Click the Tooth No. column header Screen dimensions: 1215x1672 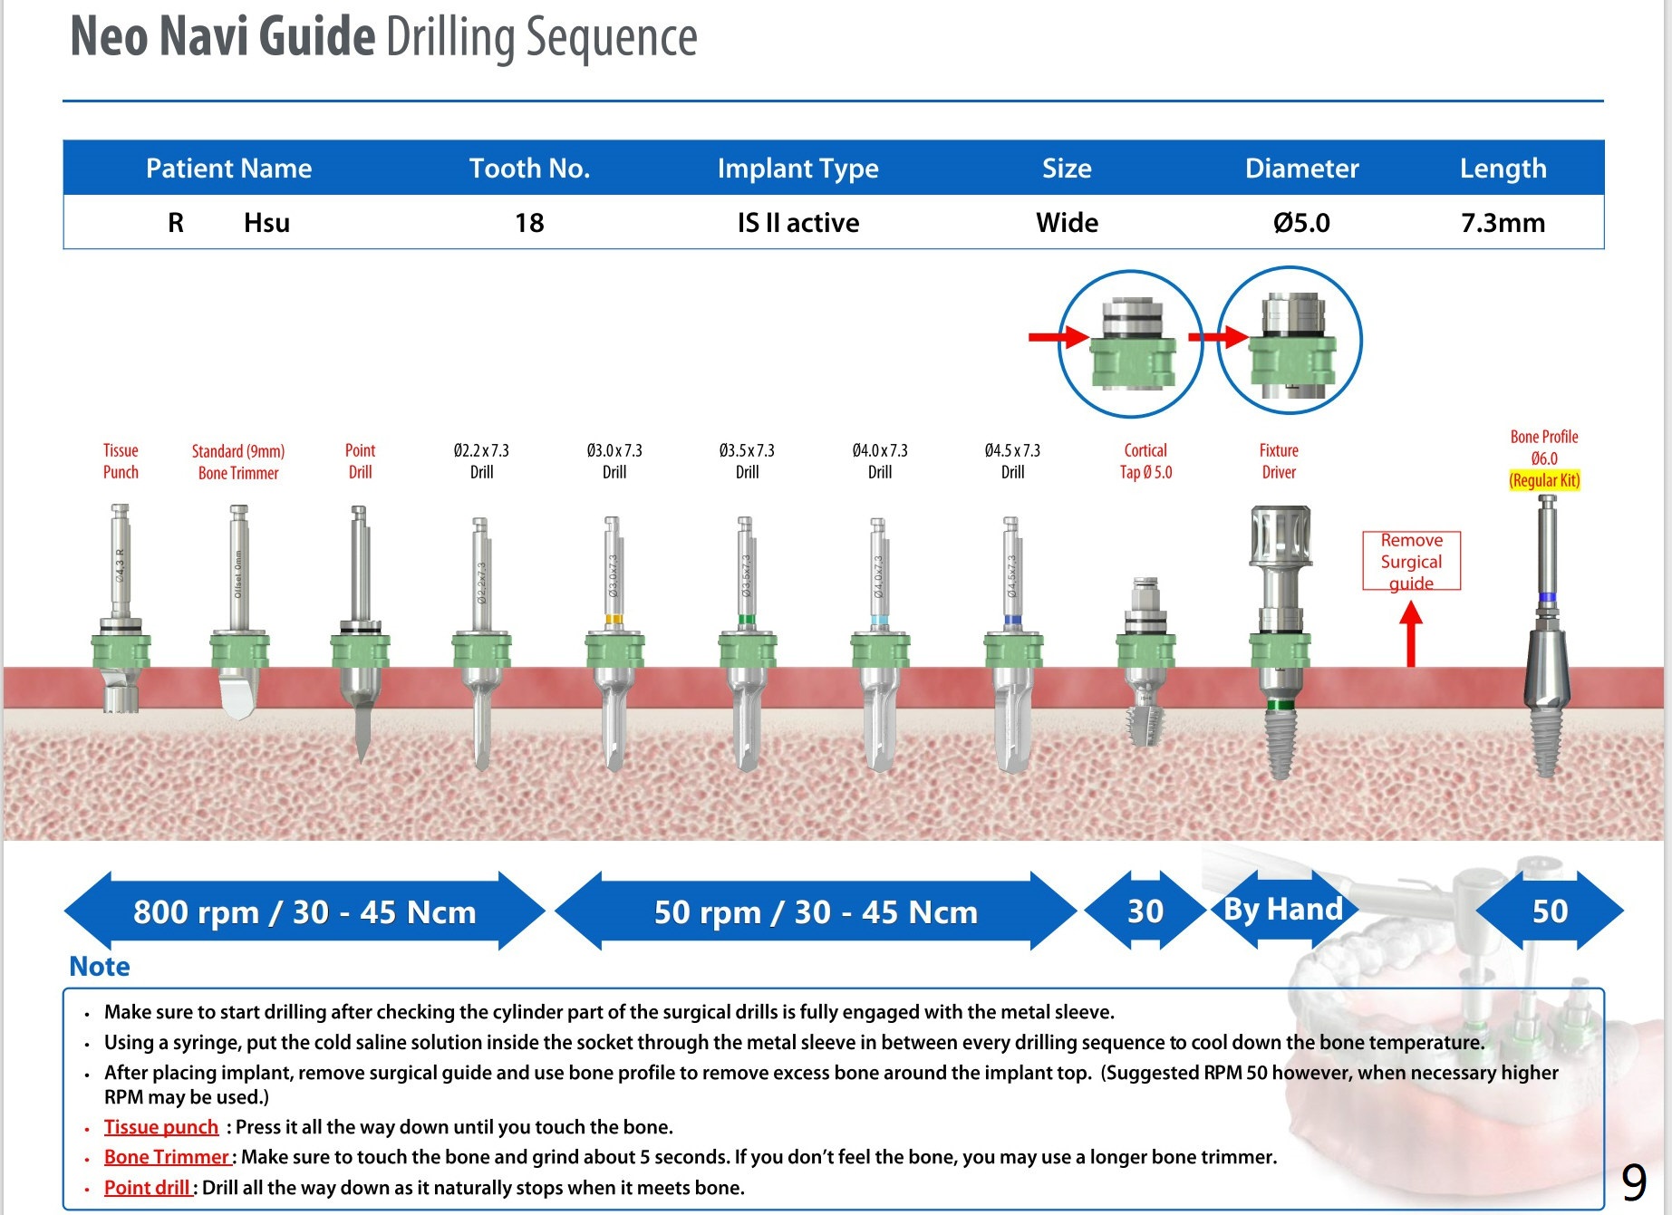coord(529,169)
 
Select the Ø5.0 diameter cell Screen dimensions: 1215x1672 coord(1301,223)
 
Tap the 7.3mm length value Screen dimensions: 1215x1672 coord(1503,223)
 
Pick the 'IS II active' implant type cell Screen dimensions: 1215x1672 coord(797,223)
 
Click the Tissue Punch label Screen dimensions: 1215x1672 coord(121,461)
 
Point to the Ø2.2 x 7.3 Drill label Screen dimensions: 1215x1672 coord(481,461)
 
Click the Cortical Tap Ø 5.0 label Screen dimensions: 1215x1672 coord(1145,461)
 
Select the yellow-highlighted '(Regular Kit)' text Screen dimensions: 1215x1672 coord(1544,480)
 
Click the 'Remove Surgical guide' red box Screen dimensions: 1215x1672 coord(1411,562)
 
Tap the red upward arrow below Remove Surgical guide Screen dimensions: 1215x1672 coord(1410,634)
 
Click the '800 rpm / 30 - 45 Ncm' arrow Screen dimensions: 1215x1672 coord(304,911)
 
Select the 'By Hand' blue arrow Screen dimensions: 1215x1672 coord(1282,909)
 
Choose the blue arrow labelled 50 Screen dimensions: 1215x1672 coord(1550,911)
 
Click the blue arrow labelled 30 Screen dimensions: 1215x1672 coord(1145,911)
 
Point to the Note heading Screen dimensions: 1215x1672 coord(100,967)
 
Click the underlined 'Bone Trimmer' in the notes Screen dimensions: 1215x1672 coord(167,1157)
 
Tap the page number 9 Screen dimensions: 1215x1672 coord(1633,1182)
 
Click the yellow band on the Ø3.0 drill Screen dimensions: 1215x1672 coord(614,620)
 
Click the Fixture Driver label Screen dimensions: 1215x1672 coord(1279,461)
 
